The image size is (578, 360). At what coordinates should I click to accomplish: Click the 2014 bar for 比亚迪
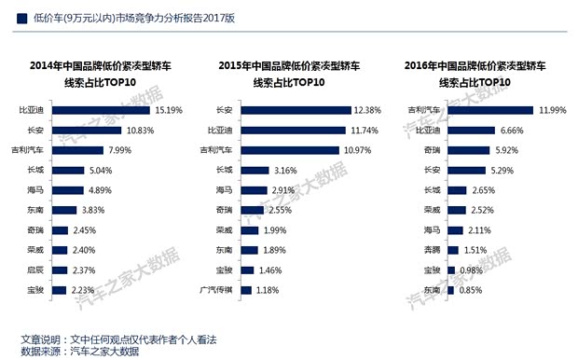click(x=100, y=110)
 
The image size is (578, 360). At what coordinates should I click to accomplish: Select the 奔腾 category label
click(x=431, y=250)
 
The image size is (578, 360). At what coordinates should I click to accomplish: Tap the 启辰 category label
click(x=36, y=270)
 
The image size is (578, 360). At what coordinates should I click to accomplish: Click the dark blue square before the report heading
click(x=21, y=17)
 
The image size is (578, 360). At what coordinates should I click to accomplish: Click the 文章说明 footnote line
click(x=118, y=338)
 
